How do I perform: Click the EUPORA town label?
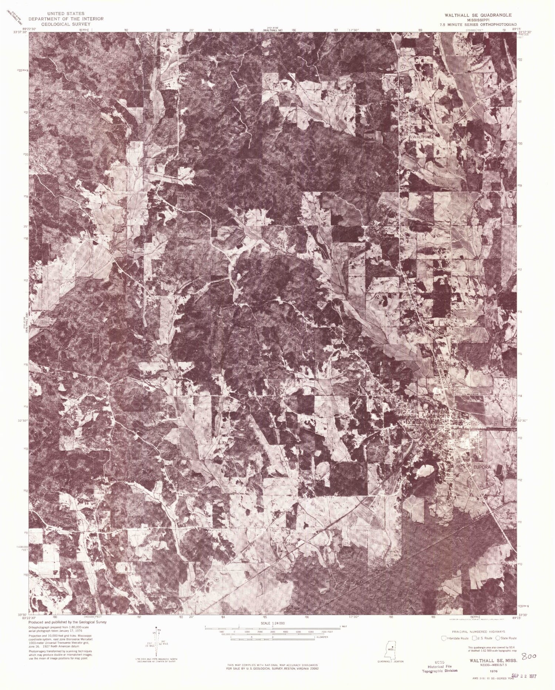pos(481,467)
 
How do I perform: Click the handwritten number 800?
pos(529,656)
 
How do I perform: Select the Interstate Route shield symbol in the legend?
pos(444,638)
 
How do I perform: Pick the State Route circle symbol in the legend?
pos(498,638)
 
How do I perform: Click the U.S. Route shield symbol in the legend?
pos(474,638)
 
